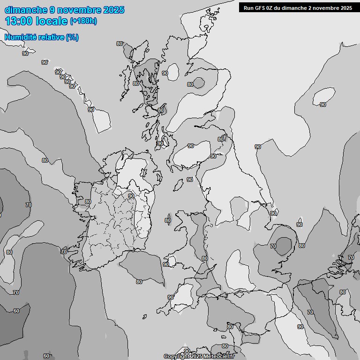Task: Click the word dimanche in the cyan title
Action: point(26,10)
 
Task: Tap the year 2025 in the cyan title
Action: point(113,10)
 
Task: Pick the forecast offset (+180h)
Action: point(83,21)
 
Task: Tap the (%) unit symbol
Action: point(72,37)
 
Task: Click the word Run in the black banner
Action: point(248,7)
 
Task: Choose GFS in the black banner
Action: point(261,7)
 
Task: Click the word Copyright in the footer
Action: point(177,357)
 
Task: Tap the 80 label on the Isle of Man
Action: point(168,220)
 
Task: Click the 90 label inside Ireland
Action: point(131,196)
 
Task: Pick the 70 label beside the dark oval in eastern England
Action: point(273,246)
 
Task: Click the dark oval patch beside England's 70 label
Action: point(284,245)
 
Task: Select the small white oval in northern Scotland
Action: point(173,72)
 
